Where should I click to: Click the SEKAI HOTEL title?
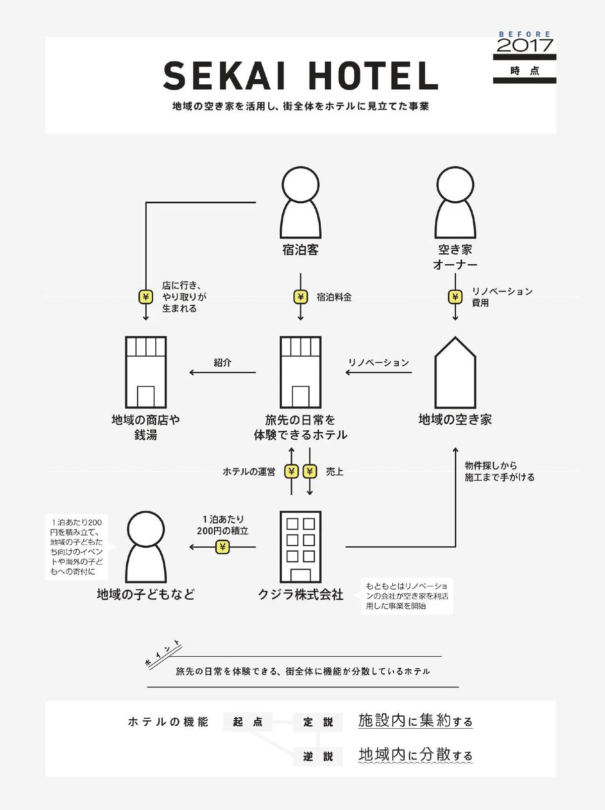coord(300,76)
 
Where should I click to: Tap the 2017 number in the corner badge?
coord(524,45)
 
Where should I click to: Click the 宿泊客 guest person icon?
coord(300,203)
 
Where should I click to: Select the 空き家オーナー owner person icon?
coord(455,203)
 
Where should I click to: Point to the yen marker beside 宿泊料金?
coord(300,297)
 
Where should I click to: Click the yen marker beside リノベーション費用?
coord(455,297)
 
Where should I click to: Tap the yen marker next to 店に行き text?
coord(146,297)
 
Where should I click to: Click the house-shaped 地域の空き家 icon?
coord(455,372)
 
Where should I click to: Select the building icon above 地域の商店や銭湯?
coord(146,372)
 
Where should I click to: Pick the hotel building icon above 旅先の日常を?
coord(300,372)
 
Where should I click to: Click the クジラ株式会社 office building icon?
coord(300,547)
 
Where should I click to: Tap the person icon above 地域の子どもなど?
coord(146,547)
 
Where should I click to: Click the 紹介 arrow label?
coord(222,362)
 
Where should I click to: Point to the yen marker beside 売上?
coord(310,472)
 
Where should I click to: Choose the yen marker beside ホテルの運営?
coord(291,472)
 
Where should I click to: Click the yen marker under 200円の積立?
coord(222,547)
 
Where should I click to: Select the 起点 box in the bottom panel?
coord(248,722)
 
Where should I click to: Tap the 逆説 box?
coord(318,757)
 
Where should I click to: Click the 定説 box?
coord(318,722)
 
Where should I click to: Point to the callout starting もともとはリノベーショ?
coord(407,596)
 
